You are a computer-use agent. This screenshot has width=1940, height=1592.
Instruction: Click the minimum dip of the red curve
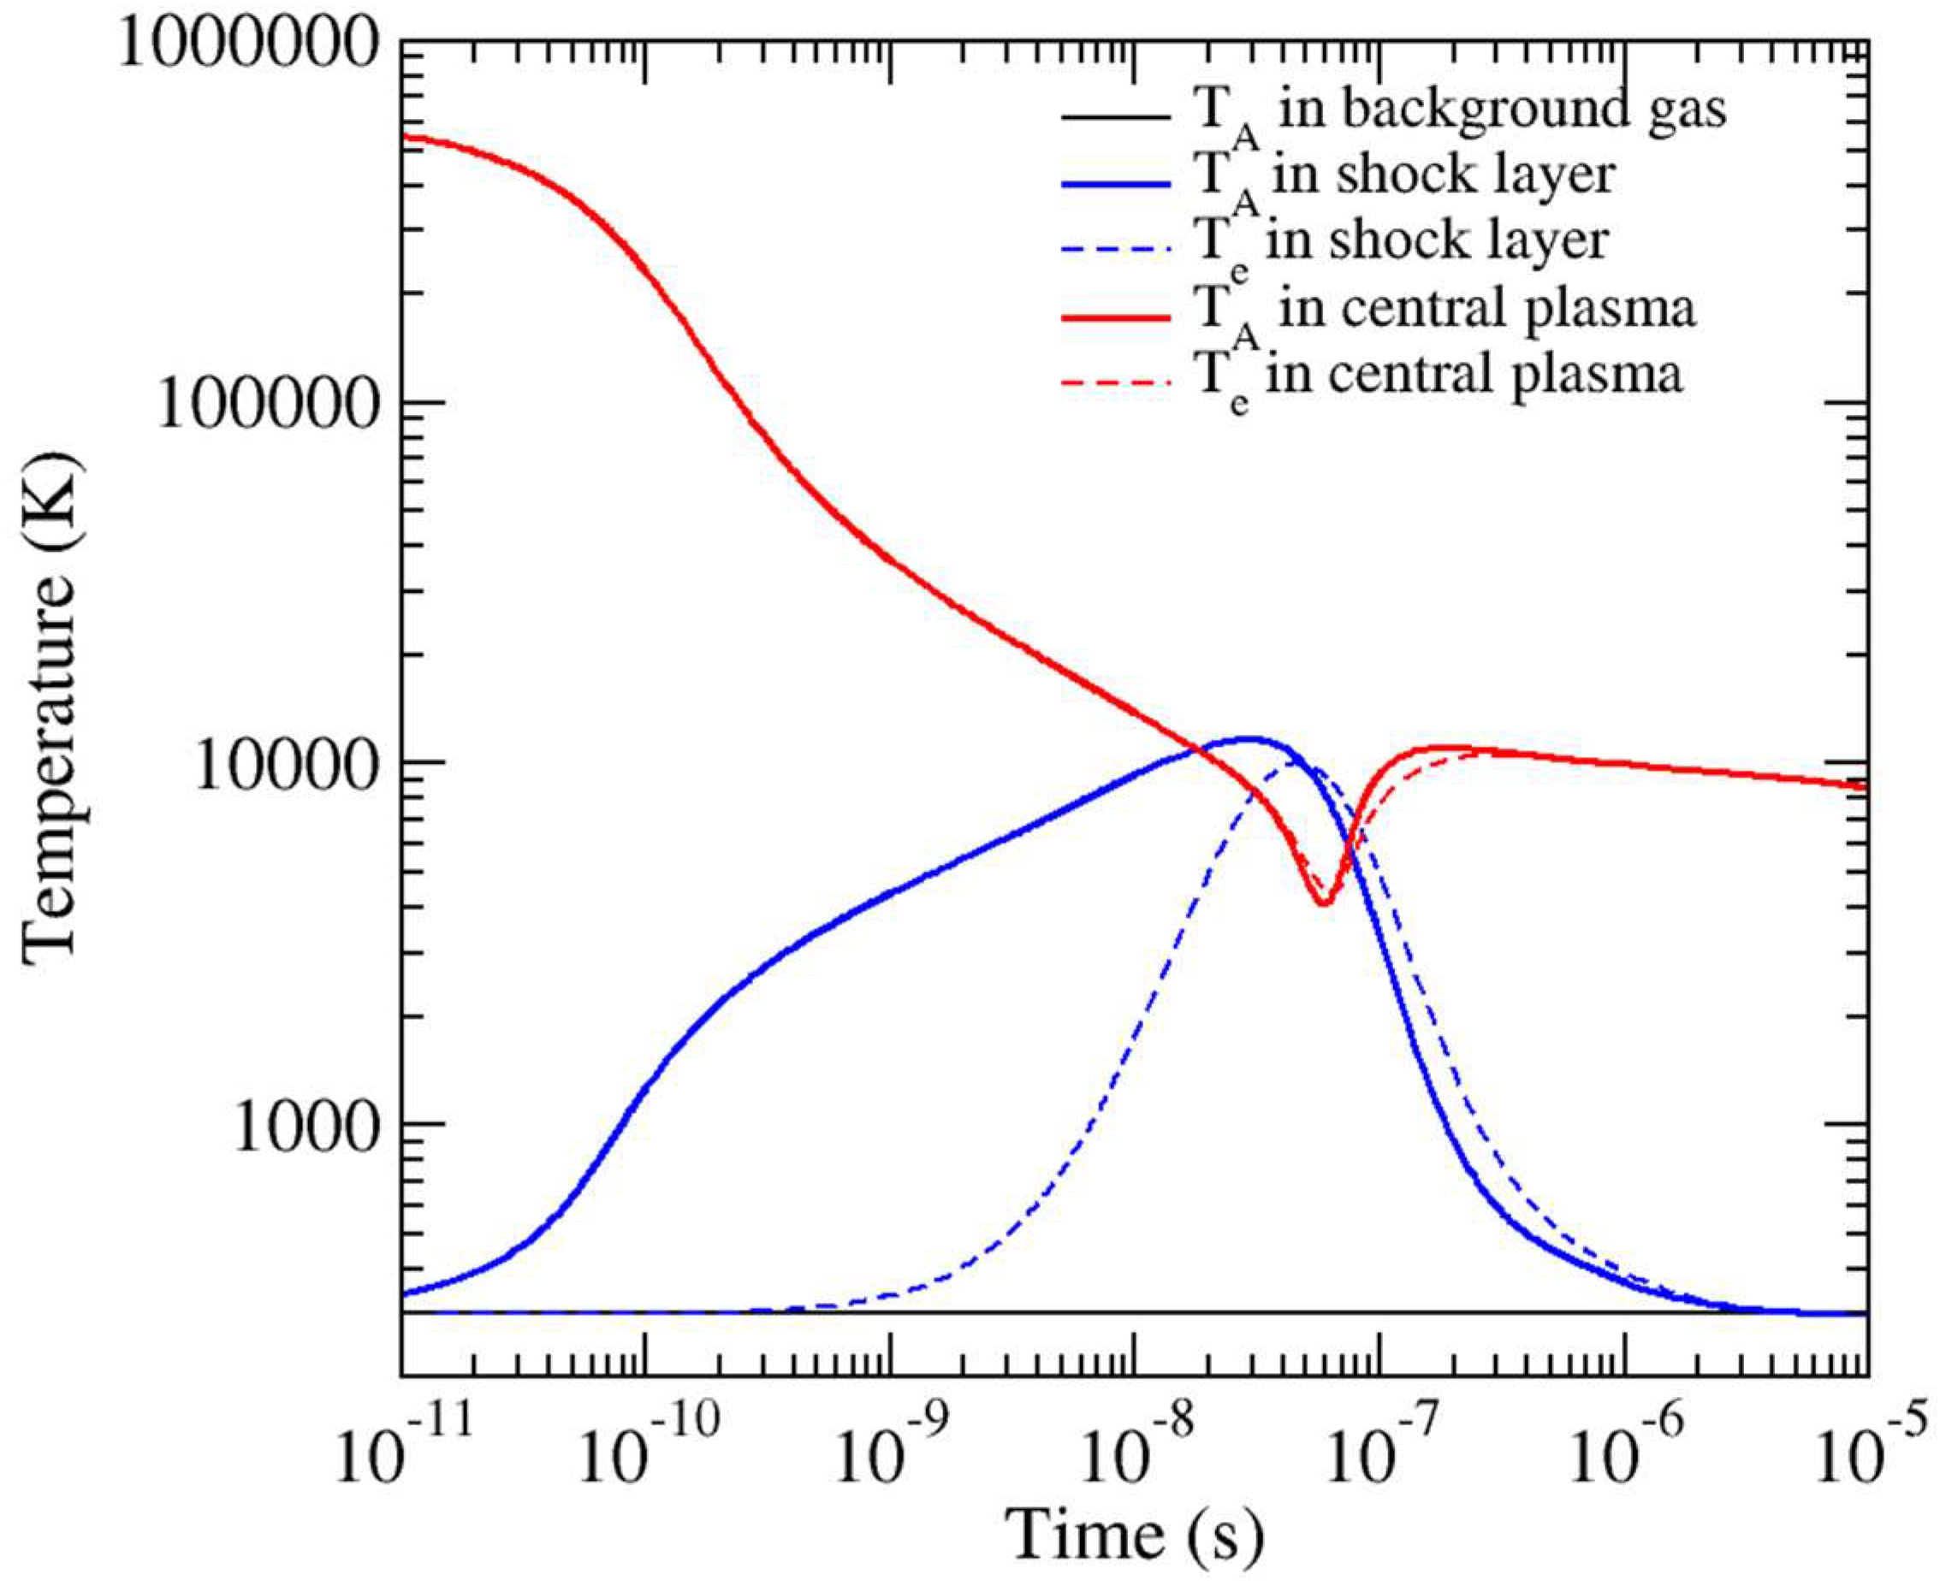(1324, 903)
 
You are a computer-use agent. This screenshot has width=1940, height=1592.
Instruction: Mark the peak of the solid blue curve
(1249, 738)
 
